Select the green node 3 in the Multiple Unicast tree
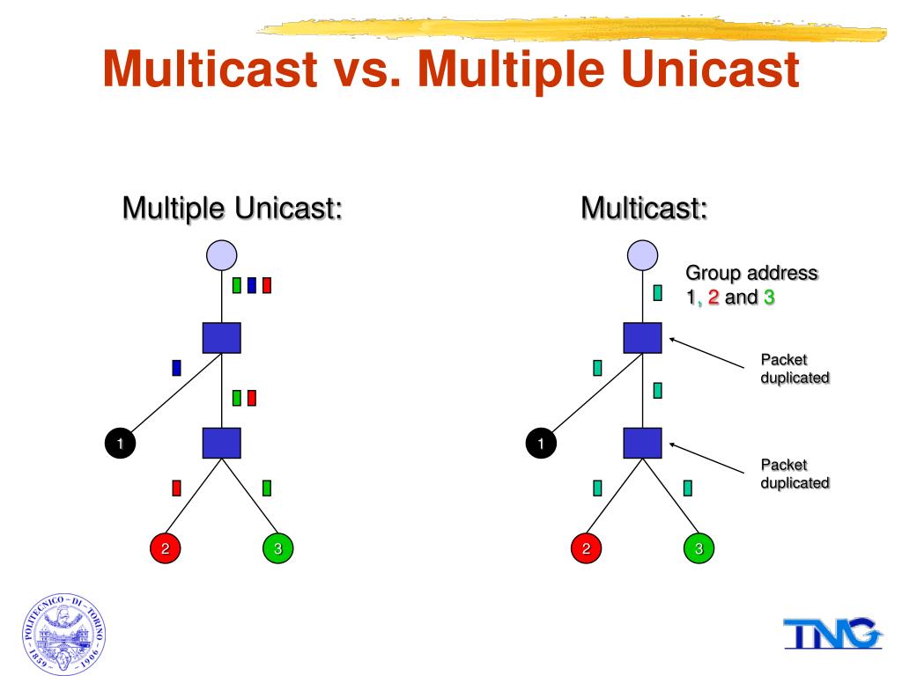(277, 548)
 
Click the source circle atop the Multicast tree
(642, 254)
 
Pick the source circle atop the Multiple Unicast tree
(222, 254)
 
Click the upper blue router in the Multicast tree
(642, 338)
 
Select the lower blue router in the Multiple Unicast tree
(222, 443)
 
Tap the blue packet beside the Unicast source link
(252, 285)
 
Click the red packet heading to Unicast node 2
(176, 488)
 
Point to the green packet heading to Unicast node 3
(267, 488)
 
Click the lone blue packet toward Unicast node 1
(176, 368)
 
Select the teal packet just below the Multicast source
(657, 293)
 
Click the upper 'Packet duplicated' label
(795, 368)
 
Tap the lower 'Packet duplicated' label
(795, 474)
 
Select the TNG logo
(831, 634)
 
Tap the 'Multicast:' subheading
(645, 209)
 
